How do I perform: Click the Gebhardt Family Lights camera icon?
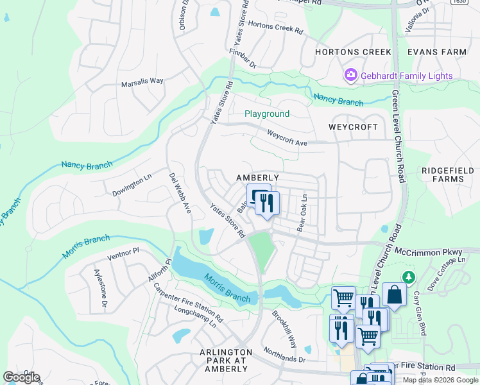(351, 76)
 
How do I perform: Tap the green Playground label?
(267, 114)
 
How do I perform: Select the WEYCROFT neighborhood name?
(353, 127)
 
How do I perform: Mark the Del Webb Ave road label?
(180, 193)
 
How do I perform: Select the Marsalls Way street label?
(142, 81)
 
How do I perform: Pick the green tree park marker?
(406, 277)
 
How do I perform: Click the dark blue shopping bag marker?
(394, 295)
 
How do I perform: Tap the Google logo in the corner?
(21, 377)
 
